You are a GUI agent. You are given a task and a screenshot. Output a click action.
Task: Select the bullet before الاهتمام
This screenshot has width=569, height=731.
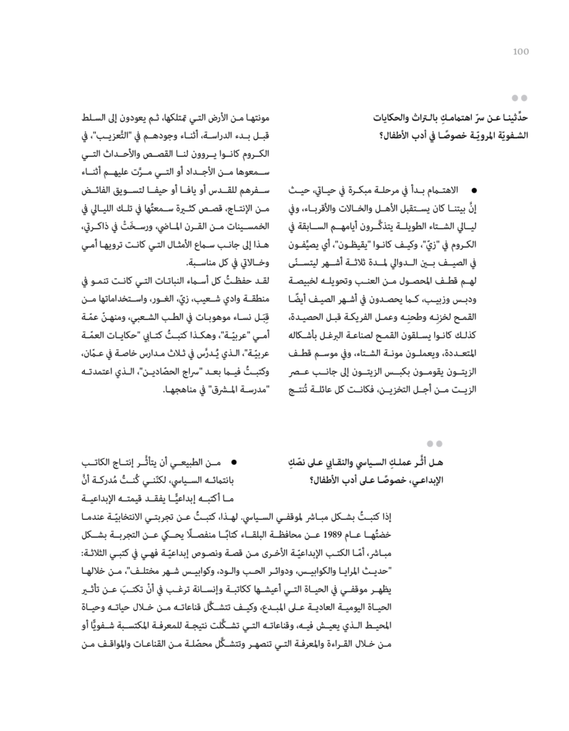click(473, 191)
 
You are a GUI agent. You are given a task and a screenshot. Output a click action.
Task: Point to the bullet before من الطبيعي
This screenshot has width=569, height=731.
click(233, 463)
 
